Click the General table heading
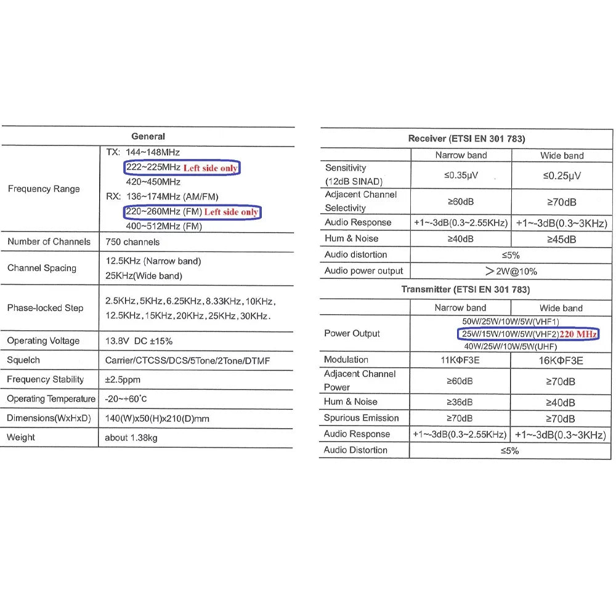(148, 136)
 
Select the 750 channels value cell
(132, 242)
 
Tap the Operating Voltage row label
(43, 341)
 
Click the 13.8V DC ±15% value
(139, 341)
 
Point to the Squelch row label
(23, 360)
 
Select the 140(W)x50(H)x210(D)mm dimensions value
(157, 418)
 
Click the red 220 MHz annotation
(578, 334)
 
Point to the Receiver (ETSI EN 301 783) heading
(466, 139)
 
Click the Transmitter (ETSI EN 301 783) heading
(465, 289)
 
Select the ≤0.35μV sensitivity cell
(461, 176)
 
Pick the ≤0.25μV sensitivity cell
(561, 176)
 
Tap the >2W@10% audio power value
(511, 271)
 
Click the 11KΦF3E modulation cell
(460, 360)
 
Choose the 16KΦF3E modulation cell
(561, 360)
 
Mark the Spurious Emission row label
(361, 418)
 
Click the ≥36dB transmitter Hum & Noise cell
(460, 402)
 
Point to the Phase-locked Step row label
(45, 307)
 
